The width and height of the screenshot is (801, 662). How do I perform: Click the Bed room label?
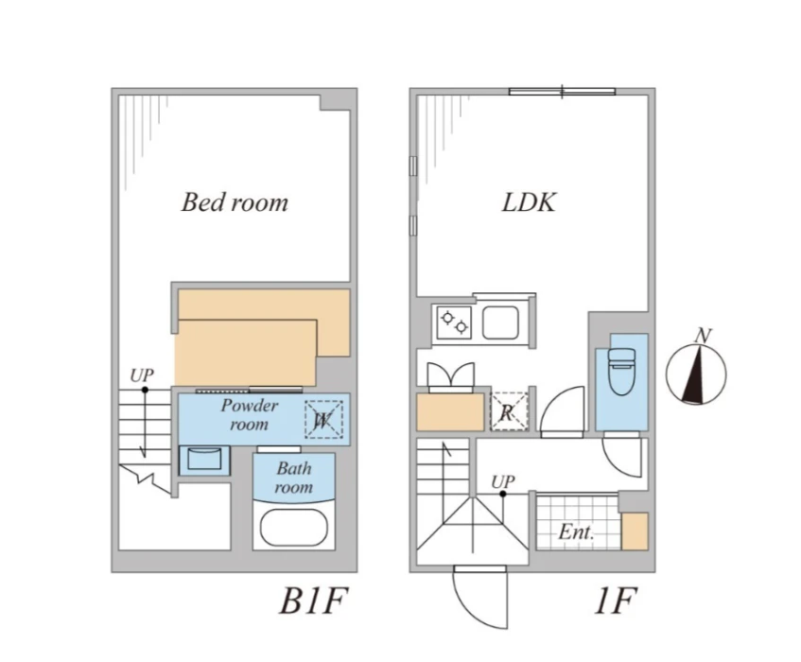point(235,202)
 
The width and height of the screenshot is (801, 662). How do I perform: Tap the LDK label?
point(528,202)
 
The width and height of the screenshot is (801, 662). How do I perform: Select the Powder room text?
point(249,415)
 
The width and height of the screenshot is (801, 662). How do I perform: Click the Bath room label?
point(294,478)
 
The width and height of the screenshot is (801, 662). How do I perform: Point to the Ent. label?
point(575,533)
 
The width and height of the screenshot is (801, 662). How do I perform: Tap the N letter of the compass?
point(702,335)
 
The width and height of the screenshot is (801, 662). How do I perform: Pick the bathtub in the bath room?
point(293,527)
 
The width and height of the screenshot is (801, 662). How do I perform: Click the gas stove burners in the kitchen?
point(452,322)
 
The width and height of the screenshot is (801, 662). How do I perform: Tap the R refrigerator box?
point(508,411)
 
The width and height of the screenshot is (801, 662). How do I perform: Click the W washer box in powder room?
point(322,419)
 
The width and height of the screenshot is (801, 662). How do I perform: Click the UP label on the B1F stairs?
point(141,375)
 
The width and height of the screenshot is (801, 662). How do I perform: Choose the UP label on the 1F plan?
point(503,482)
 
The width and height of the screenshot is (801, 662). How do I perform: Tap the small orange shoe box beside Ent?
point(634,532)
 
